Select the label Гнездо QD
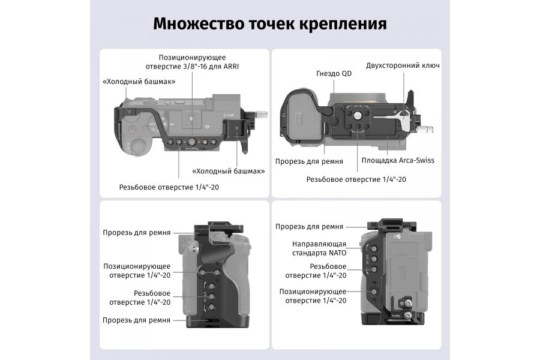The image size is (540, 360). pos(334,73)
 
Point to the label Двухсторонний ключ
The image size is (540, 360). pos(403,65)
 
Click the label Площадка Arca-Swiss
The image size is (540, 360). pos(398,160)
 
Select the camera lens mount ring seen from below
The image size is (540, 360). pos(357,96)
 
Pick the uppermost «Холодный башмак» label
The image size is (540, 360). pos(139,82)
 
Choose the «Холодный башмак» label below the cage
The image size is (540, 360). pos(229,171)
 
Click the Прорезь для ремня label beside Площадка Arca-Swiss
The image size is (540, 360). pos(309,161)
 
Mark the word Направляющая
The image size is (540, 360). pos(319,244)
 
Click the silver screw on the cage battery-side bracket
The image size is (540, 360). pos(408,314)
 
